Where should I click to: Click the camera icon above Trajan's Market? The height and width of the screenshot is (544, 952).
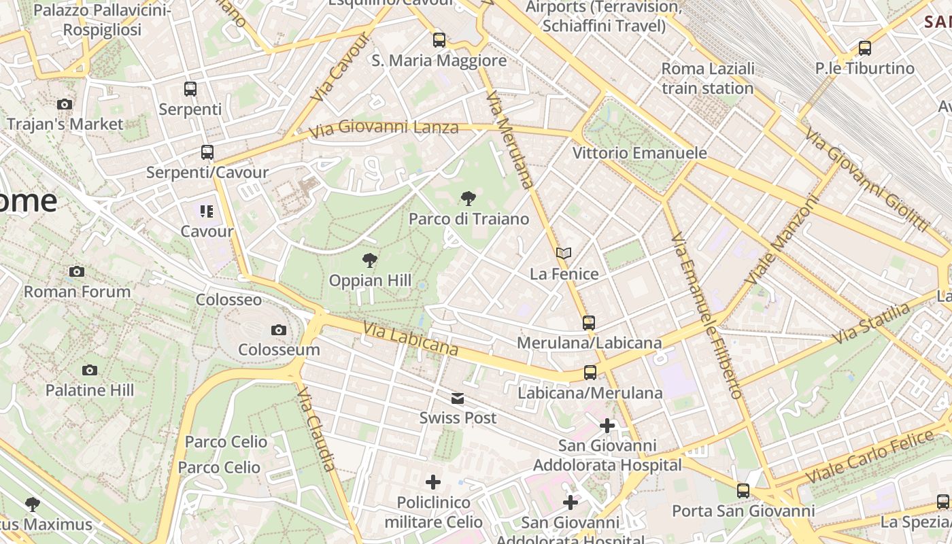tap(65, 104)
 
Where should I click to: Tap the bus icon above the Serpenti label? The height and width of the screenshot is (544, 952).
tap(190, 88)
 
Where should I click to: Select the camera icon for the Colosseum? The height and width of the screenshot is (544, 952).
tap(278, 330)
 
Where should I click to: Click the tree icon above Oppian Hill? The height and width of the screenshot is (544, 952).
tap(370, 260)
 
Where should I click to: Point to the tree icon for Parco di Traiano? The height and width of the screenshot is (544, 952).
tap(468, 199)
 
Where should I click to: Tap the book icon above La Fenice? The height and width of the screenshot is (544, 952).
tap(563, 254)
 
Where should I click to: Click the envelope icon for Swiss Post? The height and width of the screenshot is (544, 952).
tap(458, 398)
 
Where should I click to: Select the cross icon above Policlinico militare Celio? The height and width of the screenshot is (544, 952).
tap(433, 483)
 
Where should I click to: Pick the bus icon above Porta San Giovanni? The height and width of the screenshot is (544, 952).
tap(743, 490)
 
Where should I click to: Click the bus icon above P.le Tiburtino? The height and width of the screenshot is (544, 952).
tap(865, 48)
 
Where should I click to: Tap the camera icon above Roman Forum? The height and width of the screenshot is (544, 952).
tap(77, 271)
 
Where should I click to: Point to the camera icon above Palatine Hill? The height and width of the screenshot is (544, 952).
tap(90, 370)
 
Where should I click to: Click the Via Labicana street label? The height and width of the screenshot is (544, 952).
tap(411, 338)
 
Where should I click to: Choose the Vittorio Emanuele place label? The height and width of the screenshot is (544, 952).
tap(639, 152)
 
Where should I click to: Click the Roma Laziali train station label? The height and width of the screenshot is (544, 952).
tap(708, 78)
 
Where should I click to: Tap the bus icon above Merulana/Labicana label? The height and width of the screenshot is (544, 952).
tap(589, 322)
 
